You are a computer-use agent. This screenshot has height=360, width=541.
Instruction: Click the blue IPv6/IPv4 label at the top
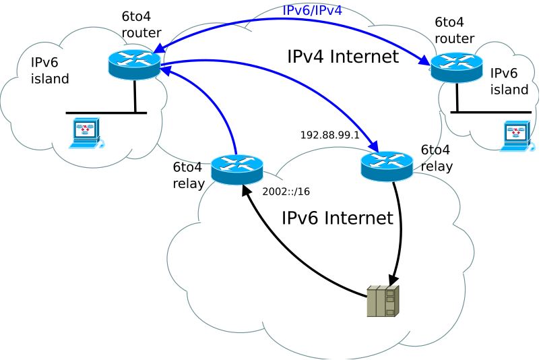[312, 10]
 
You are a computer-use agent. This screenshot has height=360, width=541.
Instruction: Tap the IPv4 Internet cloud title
[343, 56]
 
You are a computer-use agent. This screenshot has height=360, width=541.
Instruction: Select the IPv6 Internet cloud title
[338, 218]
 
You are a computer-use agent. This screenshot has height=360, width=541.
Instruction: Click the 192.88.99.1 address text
[330, 135]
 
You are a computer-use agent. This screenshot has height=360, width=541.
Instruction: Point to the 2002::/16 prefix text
[286, 191]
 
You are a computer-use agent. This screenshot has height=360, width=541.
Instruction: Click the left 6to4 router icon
[135, 64]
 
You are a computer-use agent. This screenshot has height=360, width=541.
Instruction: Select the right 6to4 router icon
[457, 67]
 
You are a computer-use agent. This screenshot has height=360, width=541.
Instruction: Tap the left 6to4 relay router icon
[237, 169]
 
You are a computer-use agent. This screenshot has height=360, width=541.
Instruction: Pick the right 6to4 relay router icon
[387, 166]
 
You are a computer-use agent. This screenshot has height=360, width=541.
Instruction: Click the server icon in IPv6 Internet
[383, 301]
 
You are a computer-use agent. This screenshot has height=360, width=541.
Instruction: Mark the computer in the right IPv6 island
[517, 136]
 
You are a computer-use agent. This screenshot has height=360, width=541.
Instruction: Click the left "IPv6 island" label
[50, 71]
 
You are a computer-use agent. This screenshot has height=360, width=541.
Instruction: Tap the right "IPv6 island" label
[509, 82]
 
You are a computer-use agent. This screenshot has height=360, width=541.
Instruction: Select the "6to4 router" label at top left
[141, 24]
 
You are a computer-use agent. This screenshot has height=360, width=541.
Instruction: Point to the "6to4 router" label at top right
[454, 30]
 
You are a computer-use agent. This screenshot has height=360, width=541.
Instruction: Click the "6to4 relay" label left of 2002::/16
[189, 175]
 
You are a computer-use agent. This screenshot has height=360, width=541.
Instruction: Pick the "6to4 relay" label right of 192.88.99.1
[437, 158]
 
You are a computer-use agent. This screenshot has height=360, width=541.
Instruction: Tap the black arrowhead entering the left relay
[247, 189]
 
